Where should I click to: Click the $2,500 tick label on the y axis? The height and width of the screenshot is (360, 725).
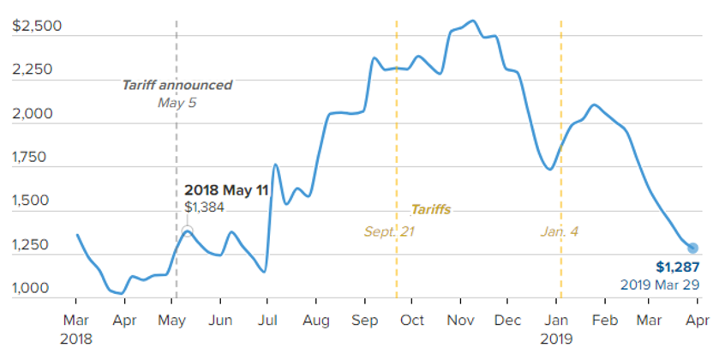pyautogui.click(x=37, y=26)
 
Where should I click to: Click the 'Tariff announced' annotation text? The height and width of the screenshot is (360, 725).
pyautogui.click(x=177, y=85)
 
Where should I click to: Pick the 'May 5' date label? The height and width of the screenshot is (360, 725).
pyautogui.click(x=177, y=102)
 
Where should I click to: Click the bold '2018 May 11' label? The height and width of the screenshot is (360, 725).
pyautogui.click(x=227, y=190)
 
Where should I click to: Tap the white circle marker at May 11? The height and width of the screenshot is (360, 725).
pyautogui.click(x=187, y=231)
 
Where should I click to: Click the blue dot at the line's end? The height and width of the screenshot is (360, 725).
pyautogui.click(x=692, y=248)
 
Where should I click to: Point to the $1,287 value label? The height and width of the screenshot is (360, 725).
pyautogui.click(x=678, y=267)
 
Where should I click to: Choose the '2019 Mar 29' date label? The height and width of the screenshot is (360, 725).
pyautogui.click(x=661, y=284)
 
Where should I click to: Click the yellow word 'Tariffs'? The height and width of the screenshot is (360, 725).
pyautogui.click(x=430, y=209)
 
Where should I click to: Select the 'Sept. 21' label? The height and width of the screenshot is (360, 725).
pyautogui.click(x=389, y=231)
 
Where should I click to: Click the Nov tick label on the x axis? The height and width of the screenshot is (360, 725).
pyautogui.click(x=460, y=321)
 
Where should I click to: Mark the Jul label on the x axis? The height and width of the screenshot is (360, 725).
pyautogui.click(x=267, y=321)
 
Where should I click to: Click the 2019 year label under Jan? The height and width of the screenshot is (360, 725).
pyautogui.click(x=556, y=338)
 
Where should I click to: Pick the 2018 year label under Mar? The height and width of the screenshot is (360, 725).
pyautogui.click(x=76, y=338)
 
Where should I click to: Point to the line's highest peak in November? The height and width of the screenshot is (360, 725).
pyautogui.click(x=473, y=21)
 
